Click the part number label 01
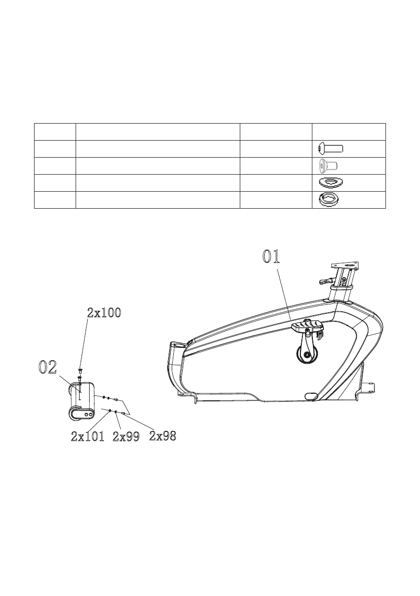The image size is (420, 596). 271,257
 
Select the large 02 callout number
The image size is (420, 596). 48,367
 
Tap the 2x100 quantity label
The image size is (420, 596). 104,313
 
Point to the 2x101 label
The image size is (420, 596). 88,437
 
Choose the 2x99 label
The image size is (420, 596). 126,437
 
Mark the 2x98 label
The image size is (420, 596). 163,436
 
